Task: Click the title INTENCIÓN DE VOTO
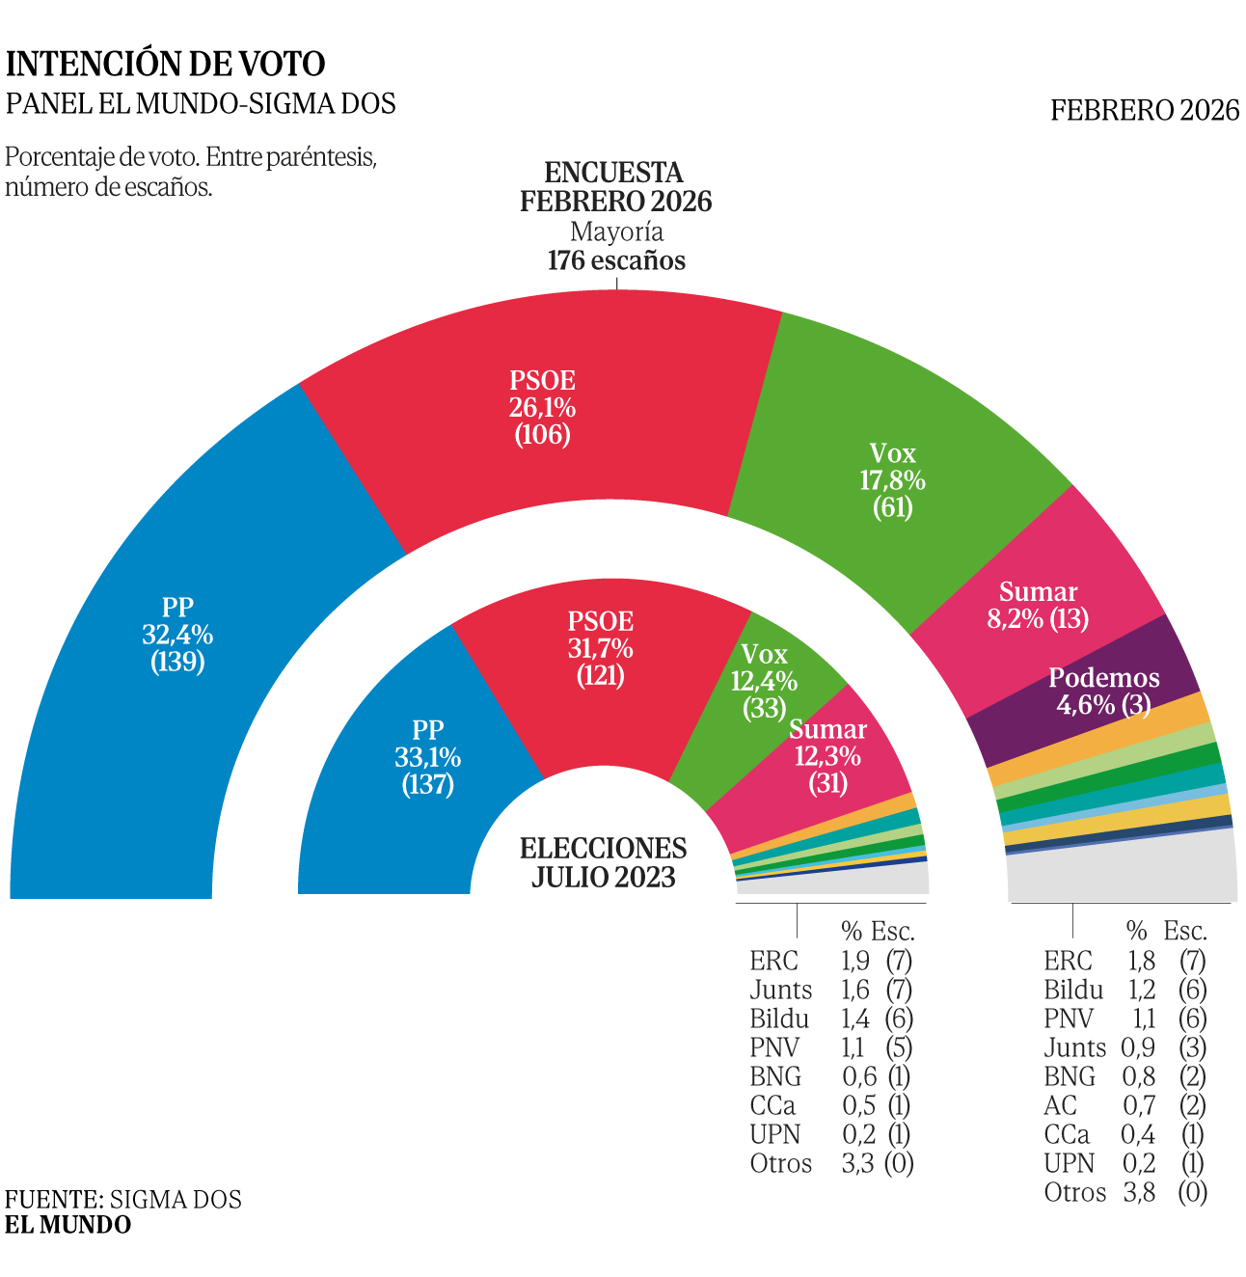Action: pos(166,64)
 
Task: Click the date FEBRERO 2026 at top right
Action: pos(1145,110)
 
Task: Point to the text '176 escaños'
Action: pos(616,260)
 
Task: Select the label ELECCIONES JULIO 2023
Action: pos(604,862)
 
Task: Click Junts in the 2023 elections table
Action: pos(780,990)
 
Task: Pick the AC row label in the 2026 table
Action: pos(1060,1105)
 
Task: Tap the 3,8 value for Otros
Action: pos(1139,1192)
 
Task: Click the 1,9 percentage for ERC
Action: pos(855,961)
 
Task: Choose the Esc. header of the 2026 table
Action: pos(1185,931)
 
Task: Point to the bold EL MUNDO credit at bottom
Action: pos(68,1225)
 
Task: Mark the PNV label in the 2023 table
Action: pos(774,1047)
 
